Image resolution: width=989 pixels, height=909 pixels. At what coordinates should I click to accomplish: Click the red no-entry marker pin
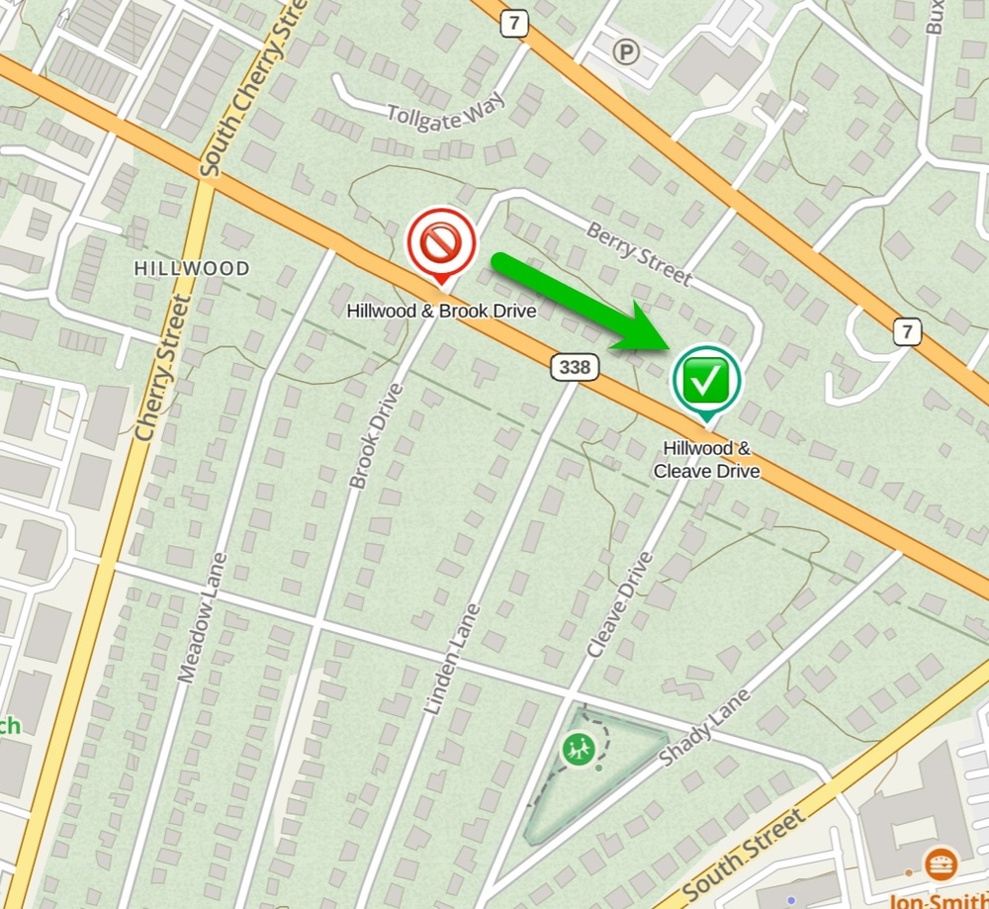pyautogui.click(x=441, y=242)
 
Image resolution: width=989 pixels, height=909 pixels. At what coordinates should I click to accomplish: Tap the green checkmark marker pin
pyautogui.click(x=706, y=379)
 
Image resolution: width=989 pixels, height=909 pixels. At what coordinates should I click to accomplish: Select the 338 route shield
pyautogui.click(x=575, y=368)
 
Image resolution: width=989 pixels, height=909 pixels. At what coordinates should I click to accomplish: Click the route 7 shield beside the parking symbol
pyautogui.click(x=513, y=25)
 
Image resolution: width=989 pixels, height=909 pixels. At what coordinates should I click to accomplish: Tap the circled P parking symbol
pyautogui.click(x=625, y=51)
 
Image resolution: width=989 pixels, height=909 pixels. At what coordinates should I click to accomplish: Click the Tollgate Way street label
pyautogui.click(x=447, y=112)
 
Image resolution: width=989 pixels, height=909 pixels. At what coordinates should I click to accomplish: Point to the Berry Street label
pyautogui.click(x=639, y=253)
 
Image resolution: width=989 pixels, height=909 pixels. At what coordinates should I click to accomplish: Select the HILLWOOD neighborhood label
pyautogui.click(x=192, y=268)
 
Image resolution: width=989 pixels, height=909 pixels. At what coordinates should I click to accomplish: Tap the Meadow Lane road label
pyautogui.click(x=203, y=618)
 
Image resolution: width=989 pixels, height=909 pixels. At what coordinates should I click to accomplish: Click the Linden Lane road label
pyautogui.click(x=451, y=659)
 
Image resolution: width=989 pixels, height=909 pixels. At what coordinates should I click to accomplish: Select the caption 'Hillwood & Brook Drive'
pyautogui.click(x=441, y=311)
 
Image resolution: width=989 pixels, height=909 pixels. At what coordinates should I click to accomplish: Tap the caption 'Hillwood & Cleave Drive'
pyautogui.click(x=706, y=460)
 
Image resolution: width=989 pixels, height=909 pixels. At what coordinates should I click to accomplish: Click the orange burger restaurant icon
pyautogui.click(x=941, y=863)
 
